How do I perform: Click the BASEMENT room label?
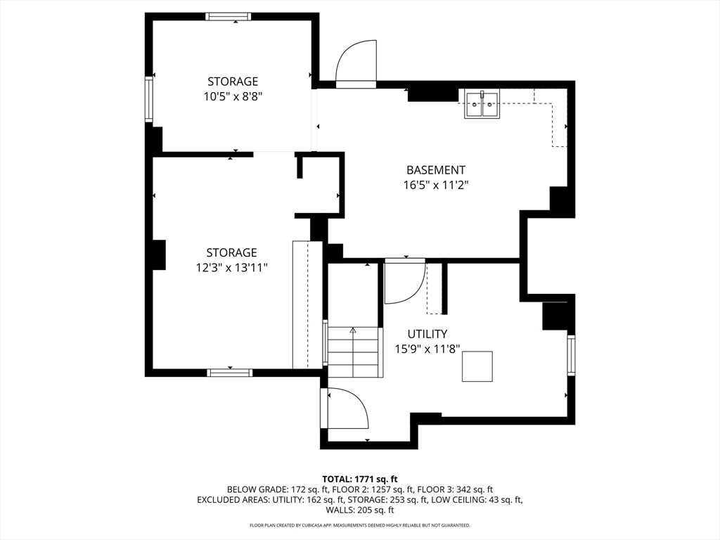pos(435,170)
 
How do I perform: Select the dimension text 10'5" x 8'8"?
pos(232,96)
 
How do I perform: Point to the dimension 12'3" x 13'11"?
pos(231,267)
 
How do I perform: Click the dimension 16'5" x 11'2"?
pos(435,186)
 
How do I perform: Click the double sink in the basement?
pos(482,105)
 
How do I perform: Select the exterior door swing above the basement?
pos(356,64)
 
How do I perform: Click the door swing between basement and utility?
pos(405,281)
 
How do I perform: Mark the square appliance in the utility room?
pos(477,366)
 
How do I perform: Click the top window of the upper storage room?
pos(229,17)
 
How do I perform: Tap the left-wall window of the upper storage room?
pos(149,99)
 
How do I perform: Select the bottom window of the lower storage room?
pos(230,372)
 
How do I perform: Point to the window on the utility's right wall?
pos(571,356)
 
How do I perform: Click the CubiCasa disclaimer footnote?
pos(360,525)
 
